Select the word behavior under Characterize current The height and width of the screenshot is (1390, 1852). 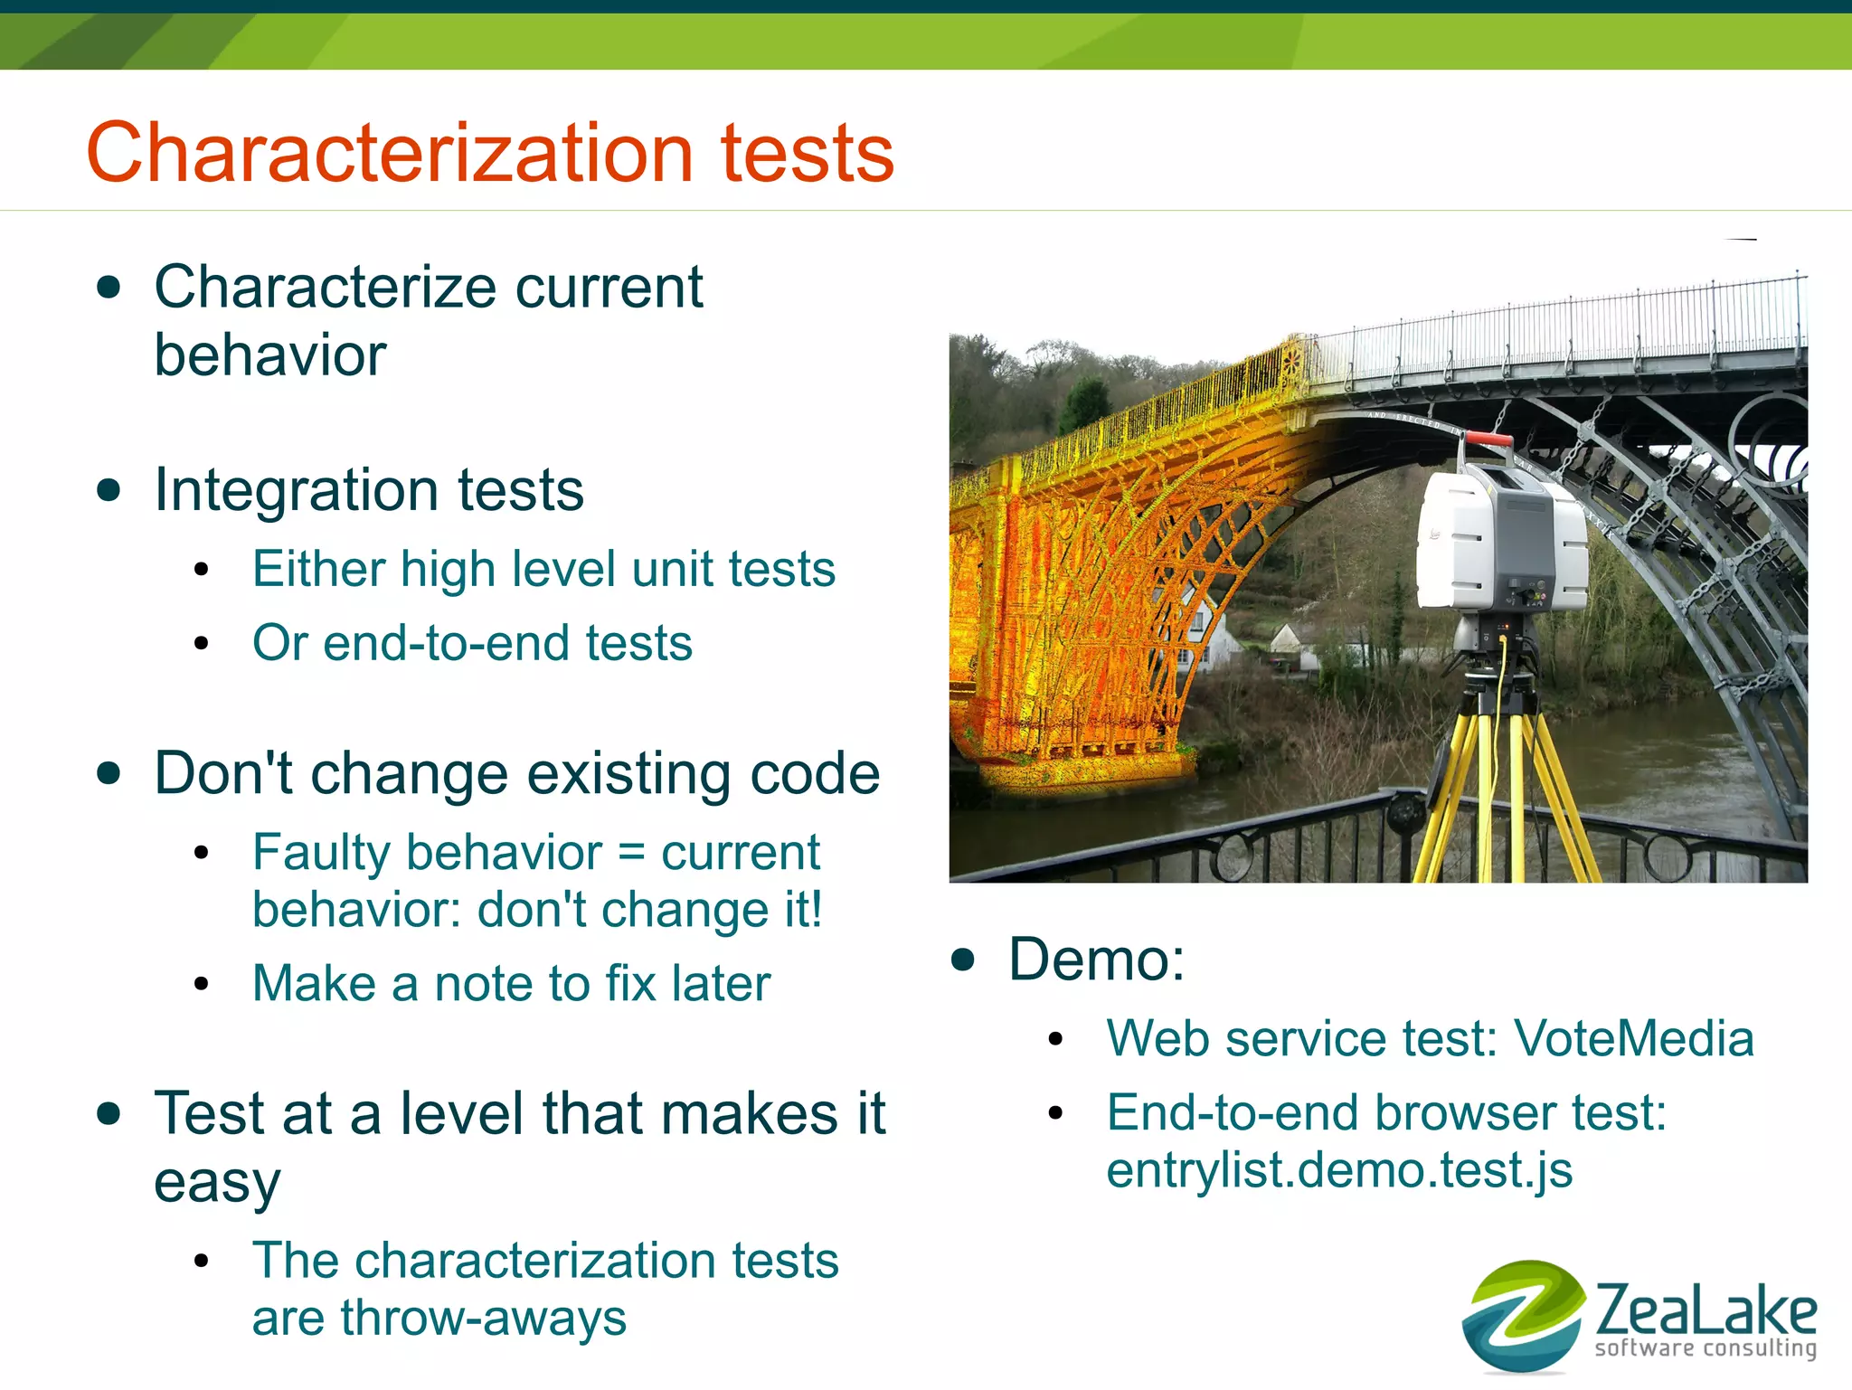click(x=269, y=355)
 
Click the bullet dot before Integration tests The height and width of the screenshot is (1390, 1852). click(x=109, y=490)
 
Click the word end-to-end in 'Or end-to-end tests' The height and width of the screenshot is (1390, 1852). click(x=448, y=643)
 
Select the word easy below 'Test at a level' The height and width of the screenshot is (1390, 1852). click(x=217, y=1182)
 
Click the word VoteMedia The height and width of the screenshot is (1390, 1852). click(x=1634, y=1038)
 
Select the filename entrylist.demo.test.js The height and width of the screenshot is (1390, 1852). click(x=1339, y=1170)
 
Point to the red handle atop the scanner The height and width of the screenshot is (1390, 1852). click(x=1488, y=440)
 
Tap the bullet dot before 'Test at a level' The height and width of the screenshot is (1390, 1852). click(x=109, y=1113)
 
